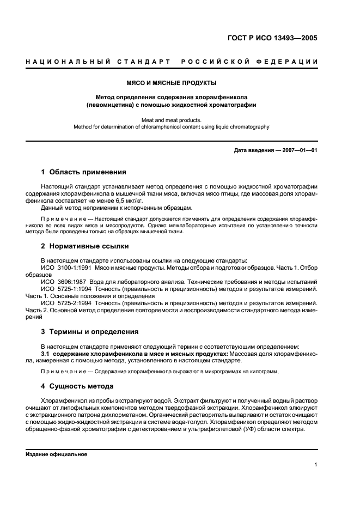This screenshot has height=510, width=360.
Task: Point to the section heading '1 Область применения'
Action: point(84,172)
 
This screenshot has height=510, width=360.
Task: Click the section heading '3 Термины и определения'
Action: point(90,331)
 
